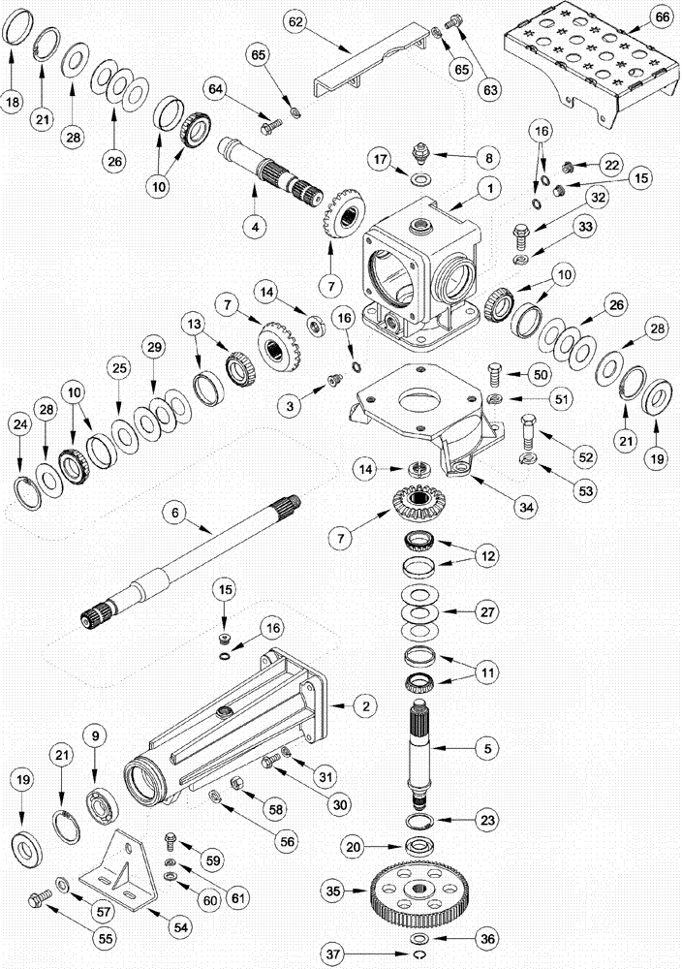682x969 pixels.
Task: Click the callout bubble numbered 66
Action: pos(662,18)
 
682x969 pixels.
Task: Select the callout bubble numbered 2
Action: pos(364,706)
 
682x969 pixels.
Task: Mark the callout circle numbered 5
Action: pos(487,747)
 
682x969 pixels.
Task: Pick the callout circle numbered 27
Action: pos(487,611)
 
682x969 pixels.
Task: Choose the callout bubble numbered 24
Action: pos(18,423)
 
